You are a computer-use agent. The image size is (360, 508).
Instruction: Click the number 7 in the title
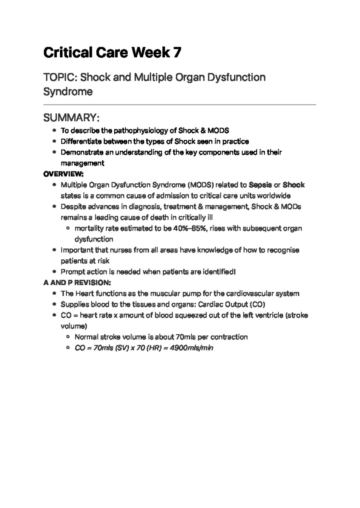coord(177,53)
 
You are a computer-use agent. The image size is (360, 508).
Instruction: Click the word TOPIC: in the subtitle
coord(61,77)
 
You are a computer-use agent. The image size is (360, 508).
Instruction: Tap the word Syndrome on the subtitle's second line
coord(68,92)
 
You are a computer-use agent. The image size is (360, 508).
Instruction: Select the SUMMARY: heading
coord(71,118)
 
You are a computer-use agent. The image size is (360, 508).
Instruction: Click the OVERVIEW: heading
coord(63,174)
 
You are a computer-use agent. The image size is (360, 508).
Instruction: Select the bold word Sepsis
coord(260,185)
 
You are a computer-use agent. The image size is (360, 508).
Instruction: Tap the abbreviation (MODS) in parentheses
coord(200,185)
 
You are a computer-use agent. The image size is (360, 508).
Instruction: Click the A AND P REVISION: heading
coord(77,283)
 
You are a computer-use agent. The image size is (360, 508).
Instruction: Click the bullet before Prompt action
coord(54,272)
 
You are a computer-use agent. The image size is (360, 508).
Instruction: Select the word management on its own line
coord(82,163)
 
